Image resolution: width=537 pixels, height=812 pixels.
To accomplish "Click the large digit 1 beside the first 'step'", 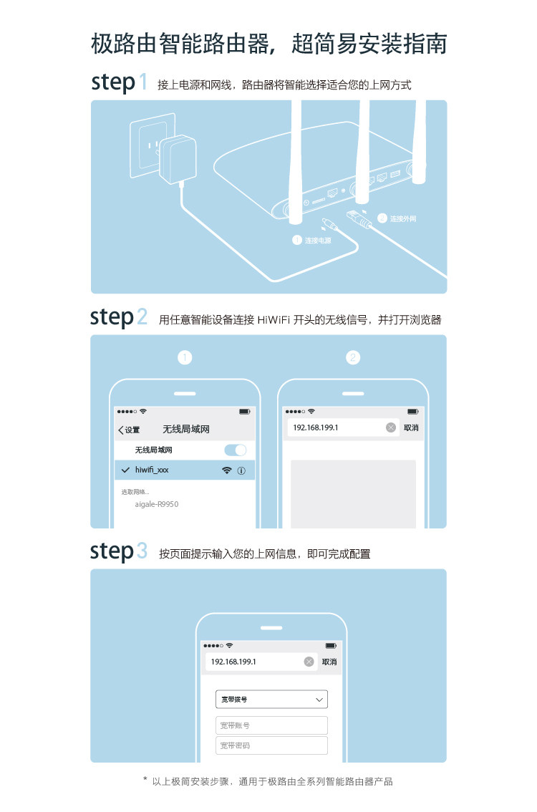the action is [x=143, y=82].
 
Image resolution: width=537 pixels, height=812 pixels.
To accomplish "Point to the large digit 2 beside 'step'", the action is [x=142, y=317].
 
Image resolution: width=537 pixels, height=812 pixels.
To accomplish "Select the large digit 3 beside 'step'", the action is [x=142, y=551].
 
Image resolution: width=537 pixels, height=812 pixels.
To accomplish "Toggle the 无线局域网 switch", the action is [x=235, y=450].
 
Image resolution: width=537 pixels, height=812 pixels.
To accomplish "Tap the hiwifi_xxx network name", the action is [x=152, y=470].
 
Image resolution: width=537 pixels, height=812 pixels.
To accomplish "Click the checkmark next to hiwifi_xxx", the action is [x=126, y=470].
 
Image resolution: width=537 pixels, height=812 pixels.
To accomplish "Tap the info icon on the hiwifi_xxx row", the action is [x=241, y=470].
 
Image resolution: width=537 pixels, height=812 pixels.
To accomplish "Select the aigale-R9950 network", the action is [x=156, y=504].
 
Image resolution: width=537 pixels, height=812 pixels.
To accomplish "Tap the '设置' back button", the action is [x=130, y=430].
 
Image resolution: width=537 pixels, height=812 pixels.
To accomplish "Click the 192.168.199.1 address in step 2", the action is [x=315, y=427].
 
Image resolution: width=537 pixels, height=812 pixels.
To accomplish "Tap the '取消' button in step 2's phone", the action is [x=411, y=427].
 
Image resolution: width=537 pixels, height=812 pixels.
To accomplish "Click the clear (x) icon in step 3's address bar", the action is [x=309, y=662].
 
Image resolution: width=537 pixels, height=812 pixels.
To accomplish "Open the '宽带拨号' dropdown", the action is [x=271, y=699].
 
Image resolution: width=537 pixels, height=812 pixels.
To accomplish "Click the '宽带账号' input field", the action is [x=271, y=725].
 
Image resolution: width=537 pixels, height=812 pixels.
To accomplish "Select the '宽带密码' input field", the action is [x=271, y=745].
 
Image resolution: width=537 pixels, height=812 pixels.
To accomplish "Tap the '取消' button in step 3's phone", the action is [x=329, y=662].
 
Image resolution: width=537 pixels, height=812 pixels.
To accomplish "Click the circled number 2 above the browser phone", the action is [x=352, y=357].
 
